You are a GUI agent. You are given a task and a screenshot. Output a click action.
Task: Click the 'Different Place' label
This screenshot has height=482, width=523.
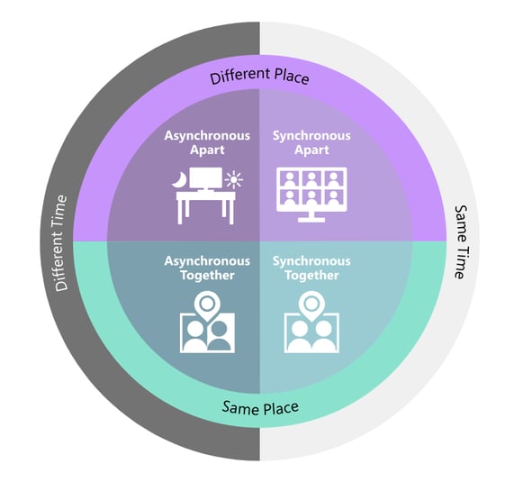259,77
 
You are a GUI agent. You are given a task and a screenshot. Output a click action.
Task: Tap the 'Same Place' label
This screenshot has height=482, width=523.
260,408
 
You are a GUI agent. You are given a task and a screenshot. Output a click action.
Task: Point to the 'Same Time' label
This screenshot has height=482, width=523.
460,242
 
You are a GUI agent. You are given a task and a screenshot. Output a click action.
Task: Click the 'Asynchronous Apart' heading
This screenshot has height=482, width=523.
206,142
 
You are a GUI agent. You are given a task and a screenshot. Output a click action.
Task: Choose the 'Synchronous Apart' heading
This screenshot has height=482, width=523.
311,142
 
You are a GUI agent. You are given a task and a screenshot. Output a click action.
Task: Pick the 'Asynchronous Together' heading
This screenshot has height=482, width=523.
206,268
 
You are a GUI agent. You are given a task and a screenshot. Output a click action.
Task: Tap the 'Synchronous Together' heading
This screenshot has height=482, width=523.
311,268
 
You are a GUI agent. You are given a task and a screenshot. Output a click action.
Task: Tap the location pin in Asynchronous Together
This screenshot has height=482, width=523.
207,304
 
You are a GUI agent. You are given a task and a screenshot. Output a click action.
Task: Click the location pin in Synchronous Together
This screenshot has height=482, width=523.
311,304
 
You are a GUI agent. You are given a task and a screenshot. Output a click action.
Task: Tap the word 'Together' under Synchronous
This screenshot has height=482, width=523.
311,275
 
